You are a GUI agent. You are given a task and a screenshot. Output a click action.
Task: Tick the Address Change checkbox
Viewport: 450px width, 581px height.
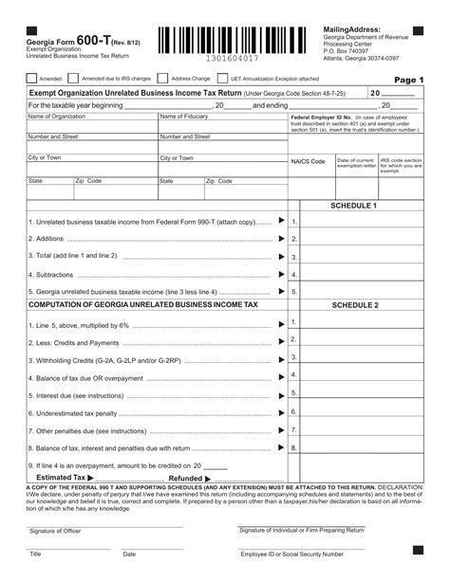[164, 79]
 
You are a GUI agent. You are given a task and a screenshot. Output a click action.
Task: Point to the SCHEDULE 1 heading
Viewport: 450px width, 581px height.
[353, 206]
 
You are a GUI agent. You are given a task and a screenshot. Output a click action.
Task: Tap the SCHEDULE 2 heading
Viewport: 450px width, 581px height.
[353, 305]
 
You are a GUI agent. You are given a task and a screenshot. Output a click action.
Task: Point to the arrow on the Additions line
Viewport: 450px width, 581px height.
[281, 239]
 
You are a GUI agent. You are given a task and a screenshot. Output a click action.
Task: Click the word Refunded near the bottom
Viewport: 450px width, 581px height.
[185, 479]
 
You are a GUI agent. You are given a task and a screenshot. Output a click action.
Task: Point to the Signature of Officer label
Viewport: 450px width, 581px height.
[55, 531]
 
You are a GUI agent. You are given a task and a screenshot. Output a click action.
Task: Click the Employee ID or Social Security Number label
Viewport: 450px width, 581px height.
[291, 554]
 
